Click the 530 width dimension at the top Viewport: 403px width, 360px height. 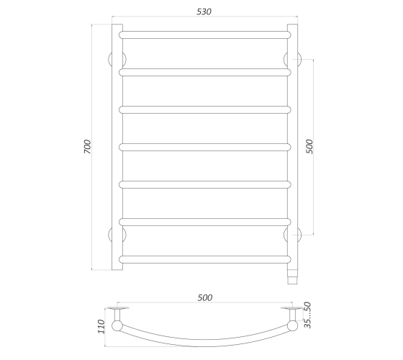tap(204, 12)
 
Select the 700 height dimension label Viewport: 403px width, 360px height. tap(87, 147)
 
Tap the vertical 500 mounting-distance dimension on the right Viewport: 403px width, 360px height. tap(309, 147)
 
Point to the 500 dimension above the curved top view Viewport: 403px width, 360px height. tap(205, 298)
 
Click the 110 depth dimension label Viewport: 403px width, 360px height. tap(101, 327)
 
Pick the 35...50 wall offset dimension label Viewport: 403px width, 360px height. tap(308, 315)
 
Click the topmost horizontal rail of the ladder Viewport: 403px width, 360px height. tap(205, 35)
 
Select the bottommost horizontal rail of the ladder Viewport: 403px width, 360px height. tap(205, 259)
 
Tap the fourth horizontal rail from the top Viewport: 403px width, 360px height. tap(205, 147)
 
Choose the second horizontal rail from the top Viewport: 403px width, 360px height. tap(205, 72)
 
